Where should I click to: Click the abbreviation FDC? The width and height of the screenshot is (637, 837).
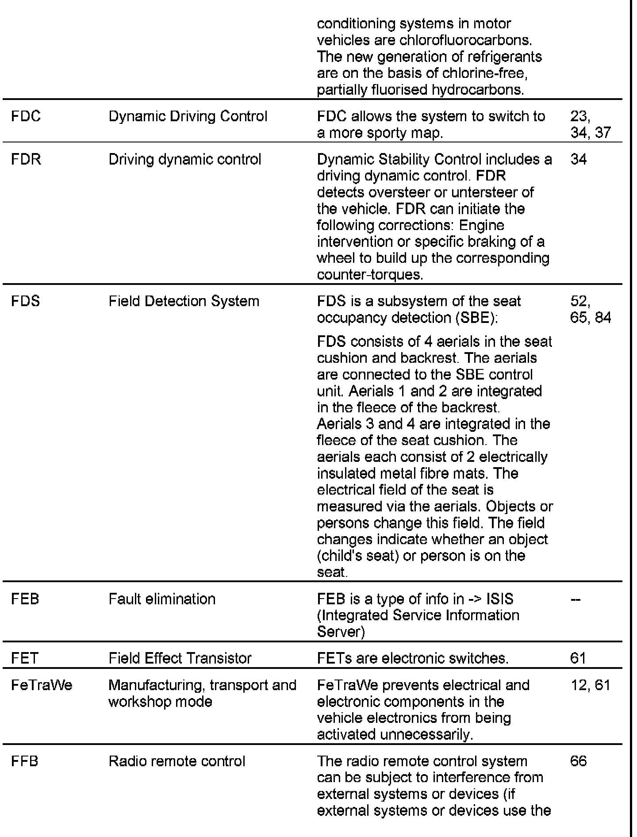(x=26, y=116)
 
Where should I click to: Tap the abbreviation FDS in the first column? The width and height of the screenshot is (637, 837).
(x=26, y=301)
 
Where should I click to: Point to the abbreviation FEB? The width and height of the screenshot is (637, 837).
(x=25, y=599)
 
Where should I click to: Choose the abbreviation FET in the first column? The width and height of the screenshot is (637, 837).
(x=25, y=658)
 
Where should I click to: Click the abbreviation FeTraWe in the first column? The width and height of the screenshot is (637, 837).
(x=42, y=685)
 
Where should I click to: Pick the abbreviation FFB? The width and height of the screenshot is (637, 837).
(x=25, y=761)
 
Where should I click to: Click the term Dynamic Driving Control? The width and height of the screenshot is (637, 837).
(x=188, y=116)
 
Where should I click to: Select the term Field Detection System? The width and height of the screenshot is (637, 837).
(x=184, y=301)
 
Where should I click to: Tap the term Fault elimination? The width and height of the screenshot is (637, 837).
(x=162, y=599)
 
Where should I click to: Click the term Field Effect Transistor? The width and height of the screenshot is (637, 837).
(x=180, y=658)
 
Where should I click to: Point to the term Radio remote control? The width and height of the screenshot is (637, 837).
(x=177, y=761)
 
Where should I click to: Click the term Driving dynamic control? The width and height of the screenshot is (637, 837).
(x=185, y=159)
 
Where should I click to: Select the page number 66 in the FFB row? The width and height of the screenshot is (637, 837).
(x=579, y=761)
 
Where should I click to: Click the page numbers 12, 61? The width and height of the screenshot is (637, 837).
(x=591, y=685)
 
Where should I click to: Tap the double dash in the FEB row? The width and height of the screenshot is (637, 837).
(x=576, y=599)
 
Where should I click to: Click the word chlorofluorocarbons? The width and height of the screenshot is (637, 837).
(x=465, y=40)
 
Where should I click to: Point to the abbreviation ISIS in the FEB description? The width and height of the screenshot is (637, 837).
(x=500, y=599)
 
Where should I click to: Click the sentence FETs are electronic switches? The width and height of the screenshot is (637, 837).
(x=413, y=658)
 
